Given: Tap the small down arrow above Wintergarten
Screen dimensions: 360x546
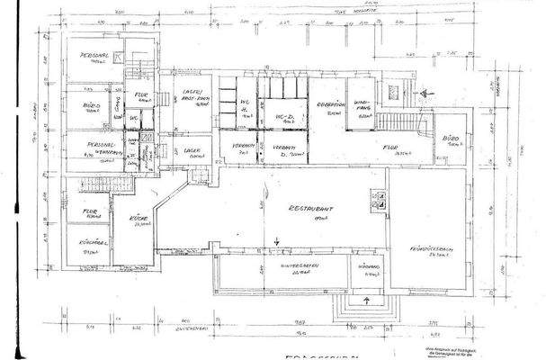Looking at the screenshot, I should (277, 239).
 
